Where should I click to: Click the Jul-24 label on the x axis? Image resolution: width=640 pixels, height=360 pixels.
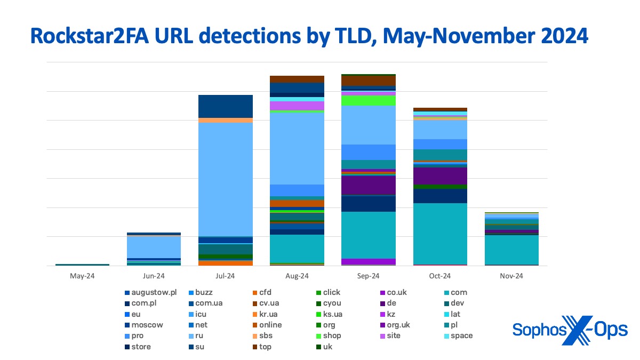coord(225,276)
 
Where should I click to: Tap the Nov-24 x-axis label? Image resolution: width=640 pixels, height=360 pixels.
coord(511,276)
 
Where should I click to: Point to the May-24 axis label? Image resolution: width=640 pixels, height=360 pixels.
coord(82,276)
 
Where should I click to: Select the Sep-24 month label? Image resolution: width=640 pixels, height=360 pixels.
coord(369,276)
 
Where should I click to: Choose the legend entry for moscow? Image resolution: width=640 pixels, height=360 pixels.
coord(143,325)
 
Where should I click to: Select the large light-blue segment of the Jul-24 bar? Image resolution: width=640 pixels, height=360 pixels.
coord(225,179)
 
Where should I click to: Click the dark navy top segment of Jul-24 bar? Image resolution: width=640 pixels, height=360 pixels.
coord(225,106)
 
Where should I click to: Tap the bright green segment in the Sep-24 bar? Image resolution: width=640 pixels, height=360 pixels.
coord(369,100)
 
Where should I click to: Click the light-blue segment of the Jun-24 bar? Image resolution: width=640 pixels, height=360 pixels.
coord(154,246)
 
